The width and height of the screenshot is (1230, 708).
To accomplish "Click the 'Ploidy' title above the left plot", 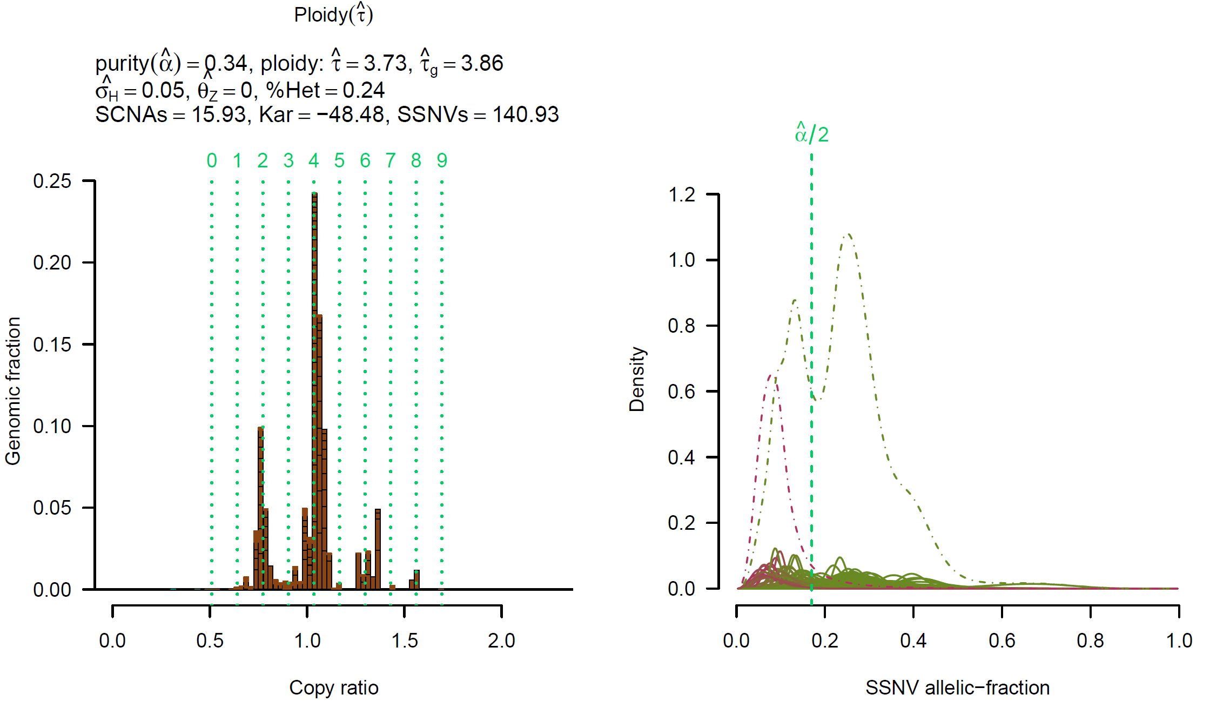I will coord(333,15).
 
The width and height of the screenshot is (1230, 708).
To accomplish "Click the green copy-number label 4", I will coord(314,160).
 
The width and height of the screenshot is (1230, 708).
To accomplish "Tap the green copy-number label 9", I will coord(442,160).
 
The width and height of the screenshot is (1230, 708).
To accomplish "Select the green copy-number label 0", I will coord(212,160).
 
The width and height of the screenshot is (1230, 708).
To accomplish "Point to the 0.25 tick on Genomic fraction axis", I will coord(52,181).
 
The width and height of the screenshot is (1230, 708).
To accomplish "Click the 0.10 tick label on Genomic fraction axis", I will coord(52,426).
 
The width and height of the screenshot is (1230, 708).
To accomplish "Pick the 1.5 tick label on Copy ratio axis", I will coord(405,640).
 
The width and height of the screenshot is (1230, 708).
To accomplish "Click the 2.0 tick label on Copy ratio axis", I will coord(501,640).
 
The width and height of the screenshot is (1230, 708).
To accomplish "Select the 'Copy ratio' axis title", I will coord(333,687).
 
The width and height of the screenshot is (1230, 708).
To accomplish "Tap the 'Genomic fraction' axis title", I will coord(12,390).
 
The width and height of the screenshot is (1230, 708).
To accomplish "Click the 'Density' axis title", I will coord(637,379).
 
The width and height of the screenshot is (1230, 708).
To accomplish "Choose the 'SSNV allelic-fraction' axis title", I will coord(957,687).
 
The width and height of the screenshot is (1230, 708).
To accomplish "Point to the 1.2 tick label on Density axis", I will coord(682,194).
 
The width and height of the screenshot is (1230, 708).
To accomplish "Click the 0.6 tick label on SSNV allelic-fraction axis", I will coord(1002,640).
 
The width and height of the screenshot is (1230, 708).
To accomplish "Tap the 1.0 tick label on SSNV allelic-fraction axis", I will coord(1179,640).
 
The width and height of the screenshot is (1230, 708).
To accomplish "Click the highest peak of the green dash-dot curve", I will coord(849,234).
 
